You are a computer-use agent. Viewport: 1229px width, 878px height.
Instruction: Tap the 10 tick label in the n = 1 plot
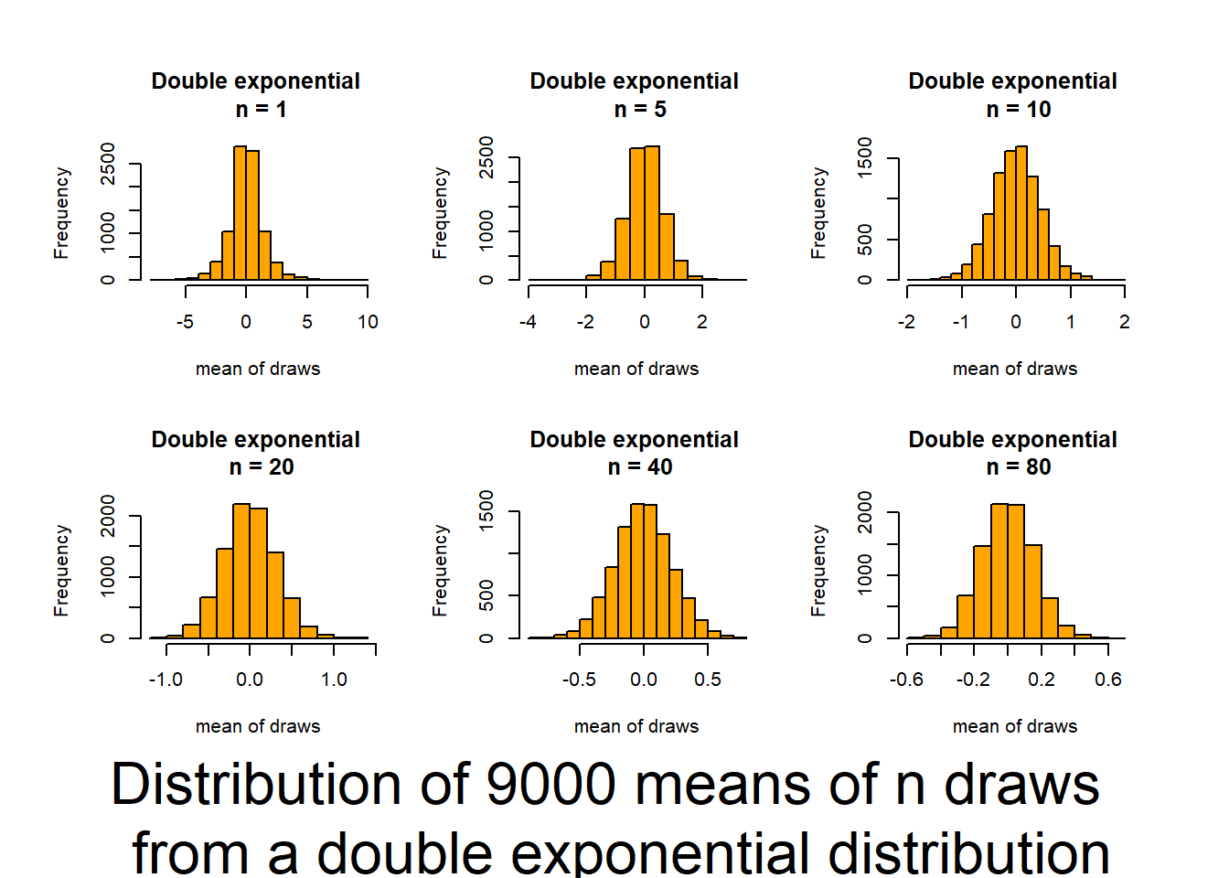tap(368, 322)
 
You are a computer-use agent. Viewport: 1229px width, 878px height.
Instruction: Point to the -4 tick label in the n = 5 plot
tap(528, 322)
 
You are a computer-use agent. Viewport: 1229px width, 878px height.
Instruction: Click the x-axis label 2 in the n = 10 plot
tap(1124, 322)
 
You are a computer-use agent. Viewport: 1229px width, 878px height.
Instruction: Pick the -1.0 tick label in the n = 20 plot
tap(166, 680)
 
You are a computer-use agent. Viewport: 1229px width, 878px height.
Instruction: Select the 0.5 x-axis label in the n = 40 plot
tap(708, 680)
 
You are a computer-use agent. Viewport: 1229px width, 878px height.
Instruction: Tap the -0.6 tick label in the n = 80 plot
tap(906, 680)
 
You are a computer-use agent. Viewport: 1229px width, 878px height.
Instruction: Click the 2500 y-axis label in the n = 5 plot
tap(486, 157)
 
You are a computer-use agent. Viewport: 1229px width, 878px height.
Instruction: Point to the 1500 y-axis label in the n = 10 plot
tap(865, 158)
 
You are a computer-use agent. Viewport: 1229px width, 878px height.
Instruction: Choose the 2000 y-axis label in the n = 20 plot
tap(108, 516)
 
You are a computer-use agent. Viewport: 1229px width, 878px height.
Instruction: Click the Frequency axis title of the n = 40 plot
tap(440, 570)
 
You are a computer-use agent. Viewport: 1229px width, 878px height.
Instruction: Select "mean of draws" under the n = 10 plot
tap(1015, 369)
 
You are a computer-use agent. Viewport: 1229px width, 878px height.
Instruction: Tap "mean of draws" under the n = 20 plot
tap(258, 726)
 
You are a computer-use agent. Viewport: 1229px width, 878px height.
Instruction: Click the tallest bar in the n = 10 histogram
tap(1021, 213)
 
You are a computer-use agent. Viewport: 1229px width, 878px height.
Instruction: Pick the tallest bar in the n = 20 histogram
tap(241, 571)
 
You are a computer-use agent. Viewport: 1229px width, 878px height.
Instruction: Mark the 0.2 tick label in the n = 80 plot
tap(1041, 680)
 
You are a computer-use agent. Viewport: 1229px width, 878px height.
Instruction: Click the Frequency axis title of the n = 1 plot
tap(61, 212)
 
